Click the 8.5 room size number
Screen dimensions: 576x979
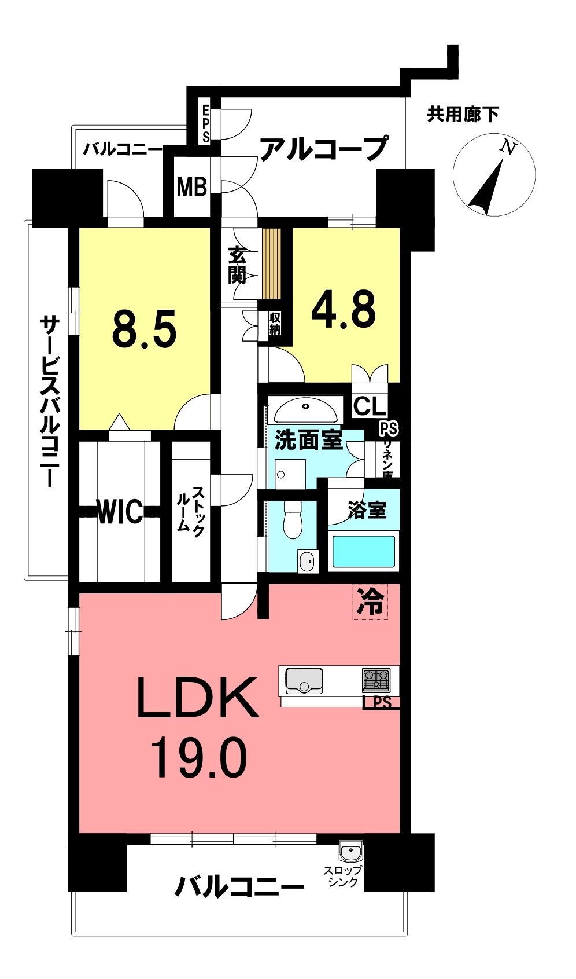click(144, 329)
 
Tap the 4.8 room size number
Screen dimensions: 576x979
click(344, 309)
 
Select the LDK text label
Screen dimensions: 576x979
click(198, 698)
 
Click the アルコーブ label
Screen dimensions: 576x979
click(323, 149)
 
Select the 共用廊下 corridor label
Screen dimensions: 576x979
click(463, 115)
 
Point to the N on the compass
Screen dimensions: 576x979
click(508, 147)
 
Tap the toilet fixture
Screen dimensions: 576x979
click(293, 520)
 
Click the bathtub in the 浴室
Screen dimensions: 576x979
click(363, 551)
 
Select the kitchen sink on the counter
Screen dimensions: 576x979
click(304, 681)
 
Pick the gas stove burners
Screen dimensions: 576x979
click(376, 680)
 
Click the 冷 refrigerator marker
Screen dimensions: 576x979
click(370, 602)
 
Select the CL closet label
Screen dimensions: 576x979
click(370, 406)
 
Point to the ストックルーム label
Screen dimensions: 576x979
click(190, 511)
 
